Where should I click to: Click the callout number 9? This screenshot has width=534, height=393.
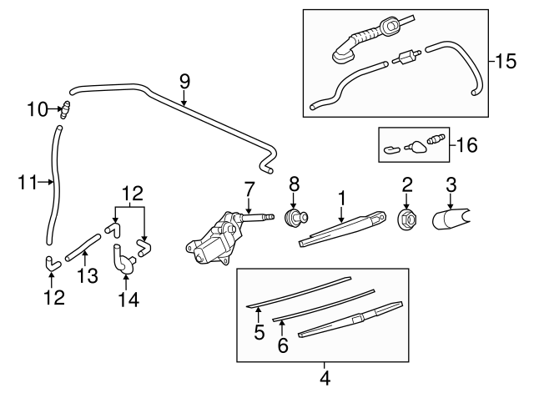coord(184,82)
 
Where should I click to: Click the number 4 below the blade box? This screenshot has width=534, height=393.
coord(325,377)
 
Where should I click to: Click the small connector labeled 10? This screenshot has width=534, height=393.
coord(63,108)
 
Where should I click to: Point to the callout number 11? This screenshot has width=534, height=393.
coord(27,181)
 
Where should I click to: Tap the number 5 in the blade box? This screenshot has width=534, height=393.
coord(259,332)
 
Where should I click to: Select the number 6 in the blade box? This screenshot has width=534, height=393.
coord(283,344)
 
